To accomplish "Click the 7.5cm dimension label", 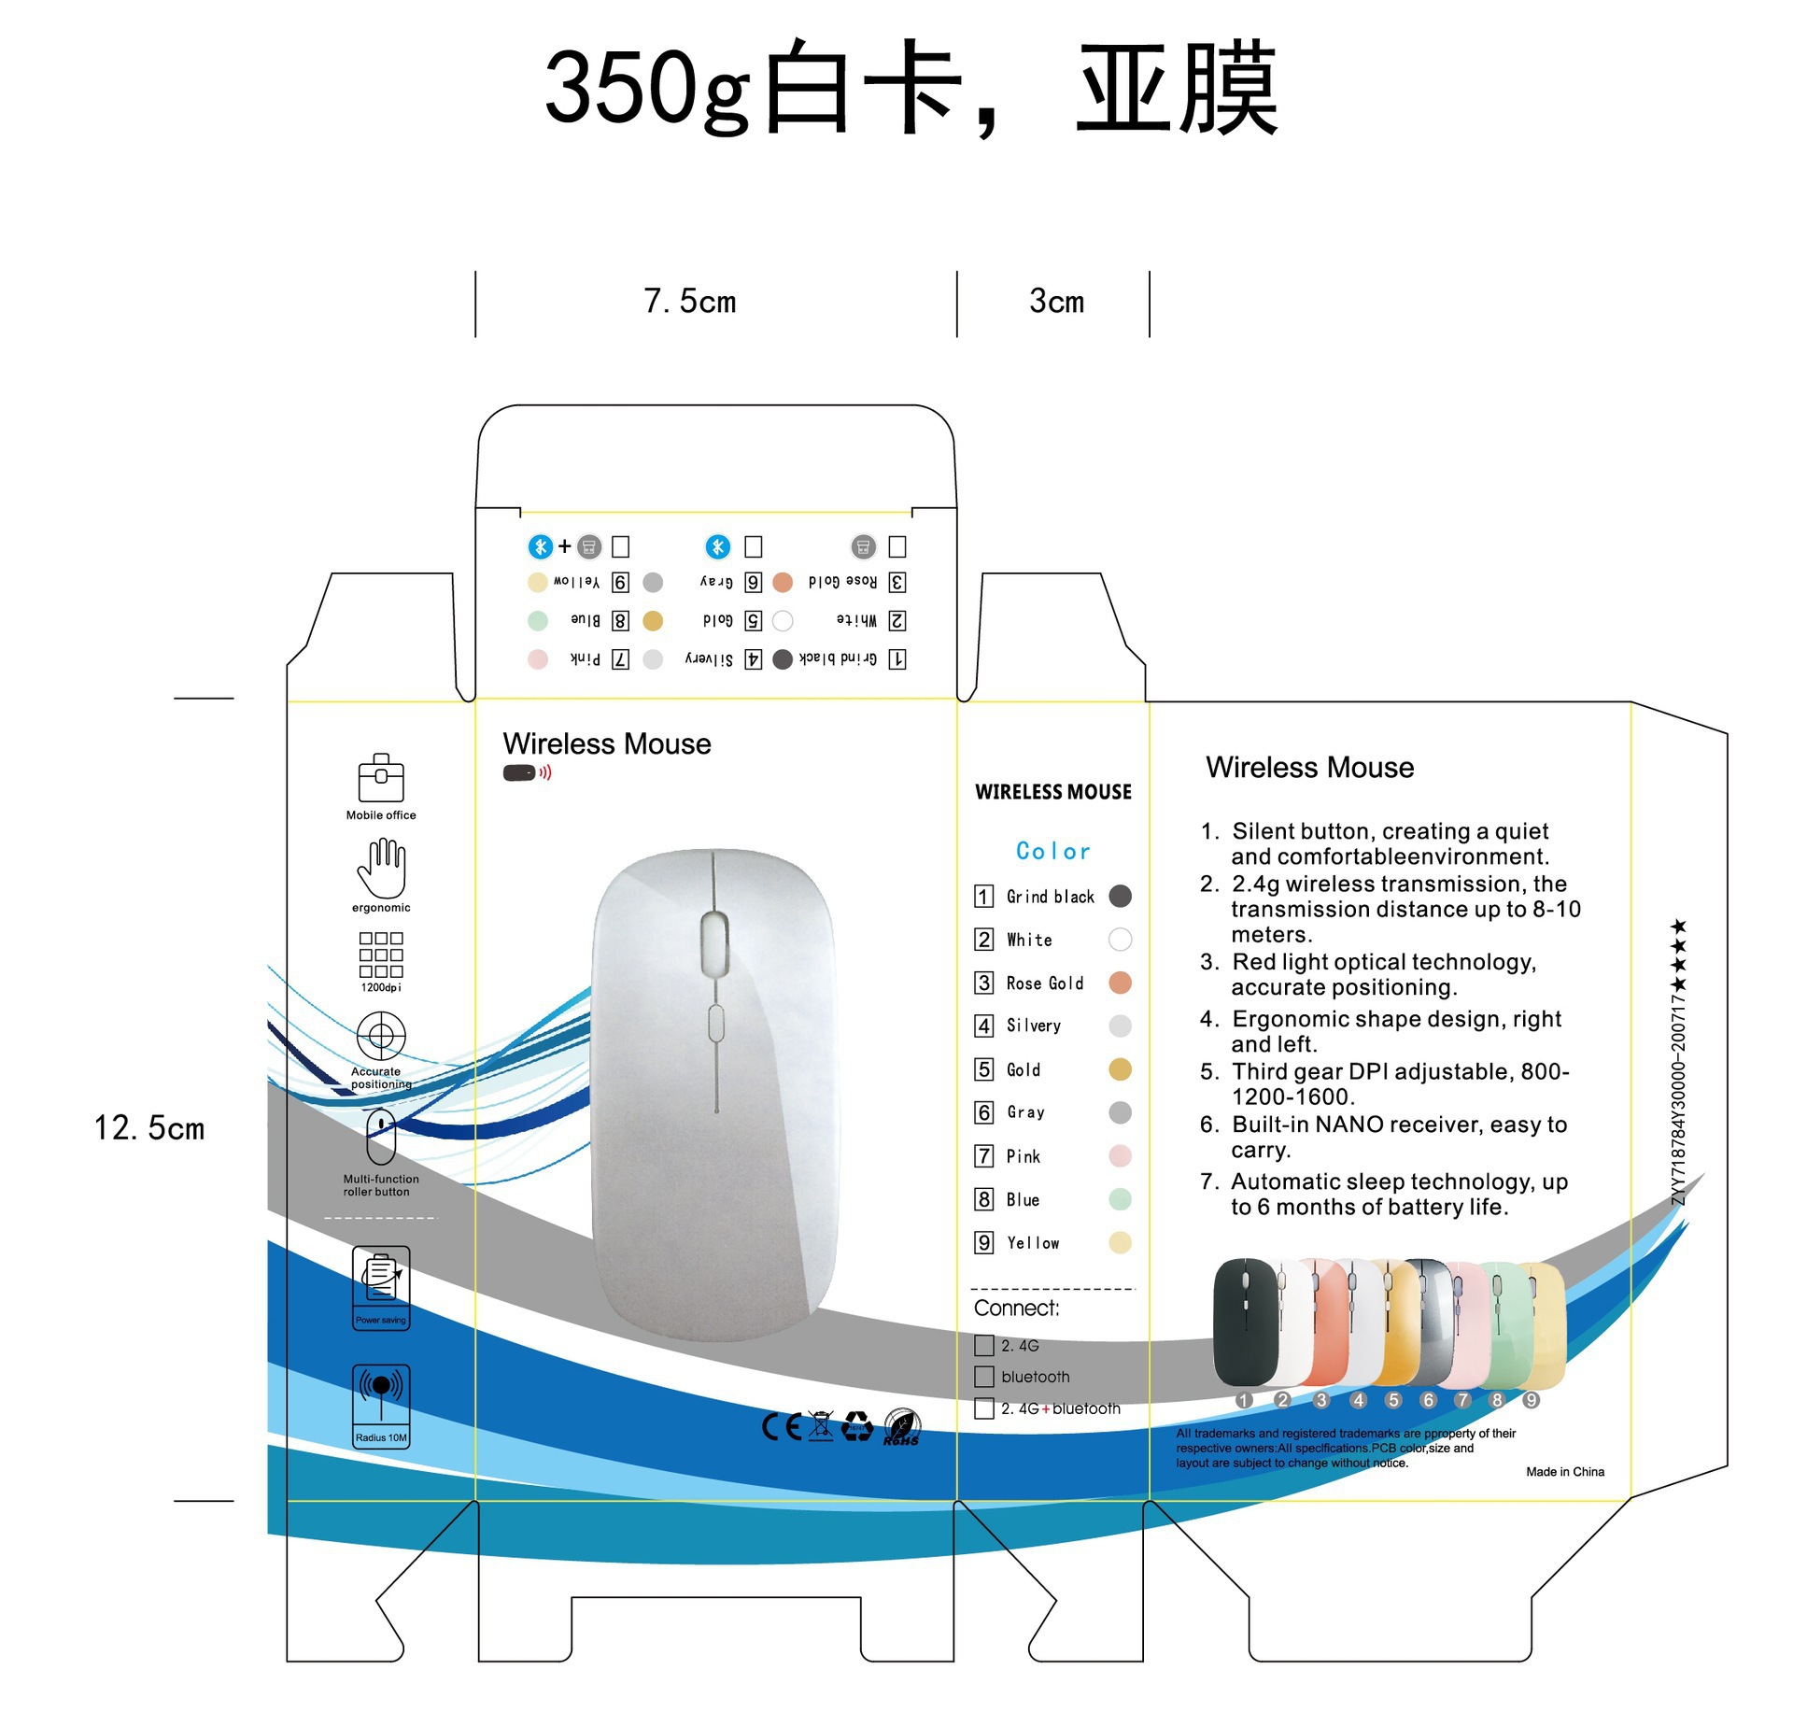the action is (x=690, y=302).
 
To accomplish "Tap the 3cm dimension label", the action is (x=1056, y=302).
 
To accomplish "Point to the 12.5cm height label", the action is (x=149, y=1128).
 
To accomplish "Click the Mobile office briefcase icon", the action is (x=381, y=778).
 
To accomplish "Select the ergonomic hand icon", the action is (x=381, y=869).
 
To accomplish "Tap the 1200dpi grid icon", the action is (x=381, y=955).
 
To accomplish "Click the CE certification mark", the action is (x=782, y=1426).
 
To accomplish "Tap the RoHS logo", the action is (x=902, y=1427).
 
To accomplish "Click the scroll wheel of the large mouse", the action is (x=714, y=941).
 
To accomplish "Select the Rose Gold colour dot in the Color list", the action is (x=1120, y=983).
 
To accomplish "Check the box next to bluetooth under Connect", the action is (x=983, y=1377).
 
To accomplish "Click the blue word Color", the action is (x=1052, y=851).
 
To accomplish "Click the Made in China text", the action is (x=1564, y=1472).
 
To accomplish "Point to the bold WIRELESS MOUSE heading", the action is (x=1052, y=792).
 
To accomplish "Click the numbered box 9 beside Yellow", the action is (x=983, y=1242).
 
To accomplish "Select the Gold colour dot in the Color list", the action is (x=1120, y=1069).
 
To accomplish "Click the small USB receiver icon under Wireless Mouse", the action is (x=520, y=772).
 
